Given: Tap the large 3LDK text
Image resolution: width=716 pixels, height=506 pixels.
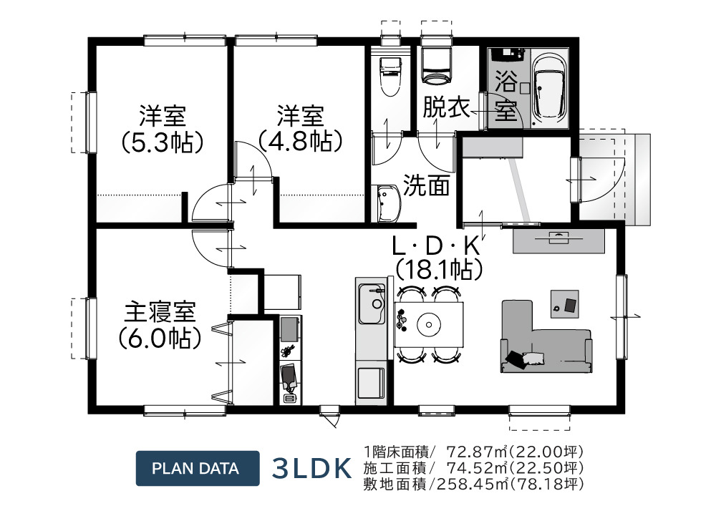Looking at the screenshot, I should click(x=312, y=469).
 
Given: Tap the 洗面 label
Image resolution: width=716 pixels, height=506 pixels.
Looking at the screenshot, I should click(x=425, y=186).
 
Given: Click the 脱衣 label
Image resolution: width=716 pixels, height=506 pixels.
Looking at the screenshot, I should click(x=445, y=108).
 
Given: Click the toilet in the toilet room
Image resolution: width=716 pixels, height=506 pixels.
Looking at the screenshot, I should click(x=390, y=74).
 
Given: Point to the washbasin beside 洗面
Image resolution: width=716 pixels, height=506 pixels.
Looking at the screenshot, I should click(x=386, y=203).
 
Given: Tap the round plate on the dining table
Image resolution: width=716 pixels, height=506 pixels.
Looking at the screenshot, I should click(x=429, y=324).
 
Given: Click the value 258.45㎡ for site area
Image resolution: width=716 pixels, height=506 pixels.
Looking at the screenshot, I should click(x=469, y=483).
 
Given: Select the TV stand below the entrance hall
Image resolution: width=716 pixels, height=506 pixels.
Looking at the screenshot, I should click(x=558, y=240).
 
